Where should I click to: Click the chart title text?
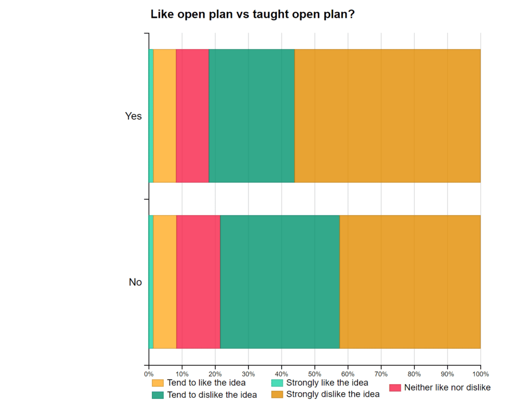coord(252,15)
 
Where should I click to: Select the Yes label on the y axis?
coord(134,116)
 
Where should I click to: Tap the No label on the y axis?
coord(135,282)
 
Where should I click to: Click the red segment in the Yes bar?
coord(192,116)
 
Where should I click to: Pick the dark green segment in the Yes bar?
coord(252,116)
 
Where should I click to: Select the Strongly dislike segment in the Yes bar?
coord(387,116)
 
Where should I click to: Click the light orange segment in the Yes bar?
coord(165,116)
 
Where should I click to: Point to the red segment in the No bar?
coord(198,282)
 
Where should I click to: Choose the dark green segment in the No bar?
coord(280,282)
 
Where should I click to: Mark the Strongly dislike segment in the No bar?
coord(410,282)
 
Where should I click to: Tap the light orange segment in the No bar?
coord(165,282)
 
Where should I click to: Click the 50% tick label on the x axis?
coord(315,373)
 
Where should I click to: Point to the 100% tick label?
coord(480,373)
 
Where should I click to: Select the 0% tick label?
coord(149,373)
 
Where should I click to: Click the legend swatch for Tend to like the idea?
coord(158,383)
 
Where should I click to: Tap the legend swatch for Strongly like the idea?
coord(277,383)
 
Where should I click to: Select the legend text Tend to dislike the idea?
coord(212,395)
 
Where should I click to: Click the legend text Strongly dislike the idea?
coord(333,394)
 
